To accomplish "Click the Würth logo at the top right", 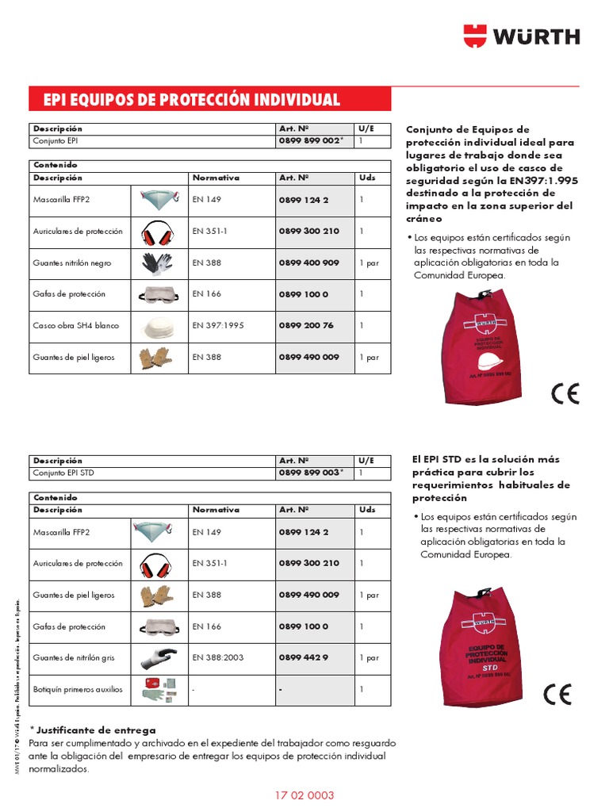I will coord(522,36).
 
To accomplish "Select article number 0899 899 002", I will coord(310,141).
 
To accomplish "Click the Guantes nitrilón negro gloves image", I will coord(156,262).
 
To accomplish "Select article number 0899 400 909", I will coord(308,262).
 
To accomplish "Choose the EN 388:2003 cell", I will coord(219,658).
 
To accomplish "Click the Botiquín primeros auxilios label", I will coord(78,690).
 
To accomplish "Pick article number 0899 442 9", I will coord(303,658).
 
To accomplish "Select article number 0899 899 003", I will coord(310,473).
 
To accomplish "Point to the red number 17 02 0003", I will coord(304,795).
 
